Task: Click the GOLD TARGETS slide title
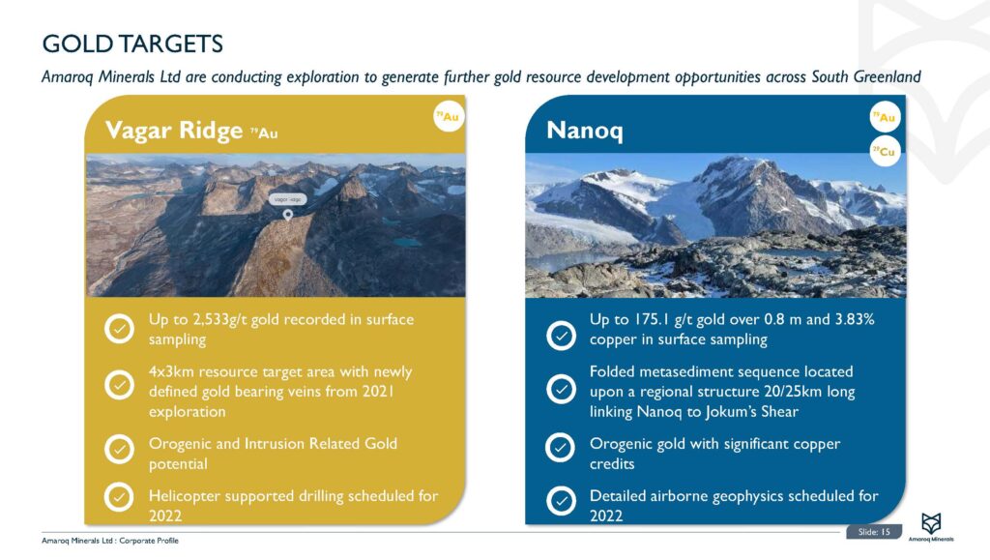[132, 44]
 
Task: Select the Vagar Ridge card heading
[174, 131]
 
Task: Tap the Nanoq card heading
[585, 130]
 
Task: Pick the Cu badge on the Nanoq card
[884, 151]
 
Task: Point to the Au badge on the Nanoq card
[884, 118]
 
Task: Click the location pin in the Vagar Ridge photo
[287, 215]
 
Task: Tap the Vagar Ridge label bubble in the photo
[287, 198]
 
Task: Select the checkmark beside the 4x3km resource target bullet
[119, 385]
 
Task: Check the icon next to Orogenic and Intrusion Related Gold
[119, 451]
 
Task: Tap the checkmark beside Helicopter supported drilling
[119, 497]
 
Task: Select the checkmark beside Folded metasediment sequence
[561, 389]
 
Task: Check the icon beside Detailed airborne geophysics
[561, 501]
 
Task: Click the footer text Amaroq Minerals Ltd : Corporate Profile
[109, 540]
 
